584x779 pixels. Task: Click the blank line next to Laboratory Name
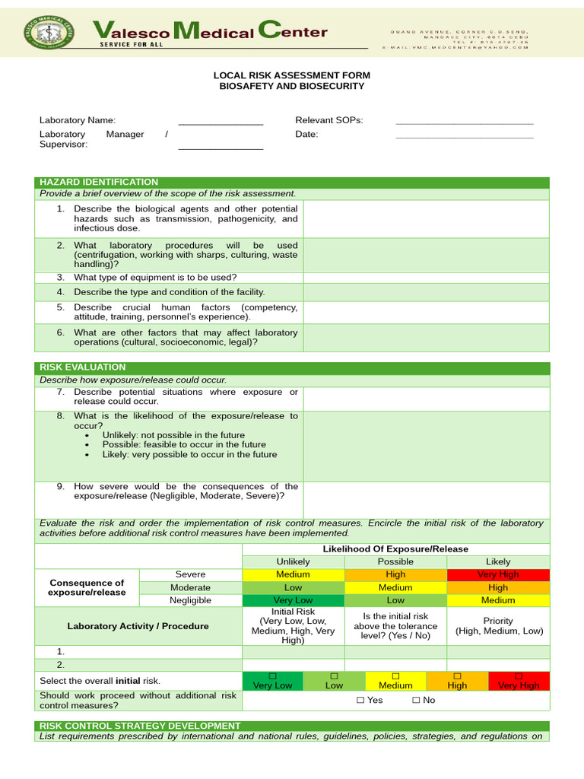click(x=221, y=122)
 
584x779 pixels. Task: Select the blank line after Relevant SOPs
click(x=464, y=122)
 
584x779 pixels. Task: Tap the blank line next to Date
click(x=464, y=137)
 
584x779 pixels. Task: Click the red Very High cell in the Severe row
click(x=497, y=574)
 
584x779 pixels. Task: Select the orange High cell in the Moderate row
click(x=497, y=587)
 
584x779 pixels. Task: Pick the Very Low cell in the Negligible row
click(x=293, y=600)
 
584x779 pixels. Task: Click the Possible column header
click(x=395, y=561)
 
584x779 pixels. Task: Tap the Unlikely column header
click(x=293, y=561)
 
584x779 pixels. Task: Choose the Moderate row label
click(x=190, y=587)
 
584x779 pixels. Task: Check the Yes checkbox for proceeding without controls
click(x=360, y=700)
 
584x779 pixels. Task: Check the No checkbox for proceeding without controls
click(x=416, y=700)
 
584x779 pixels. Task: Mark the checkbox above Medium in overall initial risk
click(x=395, y=676)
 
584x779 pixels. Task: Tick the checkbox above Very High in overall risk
click(x=519, y=676)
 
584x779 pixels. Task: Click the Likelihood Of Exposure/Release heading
click(x=395, y=548)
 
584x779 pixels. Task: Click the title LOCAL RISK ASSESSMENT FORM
click(x=292, y=75)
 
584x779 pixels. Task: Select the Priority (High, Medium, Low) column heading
click(x=497, y=625)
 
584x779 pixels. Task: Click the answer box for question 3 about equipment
click(x=426, y=278)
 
